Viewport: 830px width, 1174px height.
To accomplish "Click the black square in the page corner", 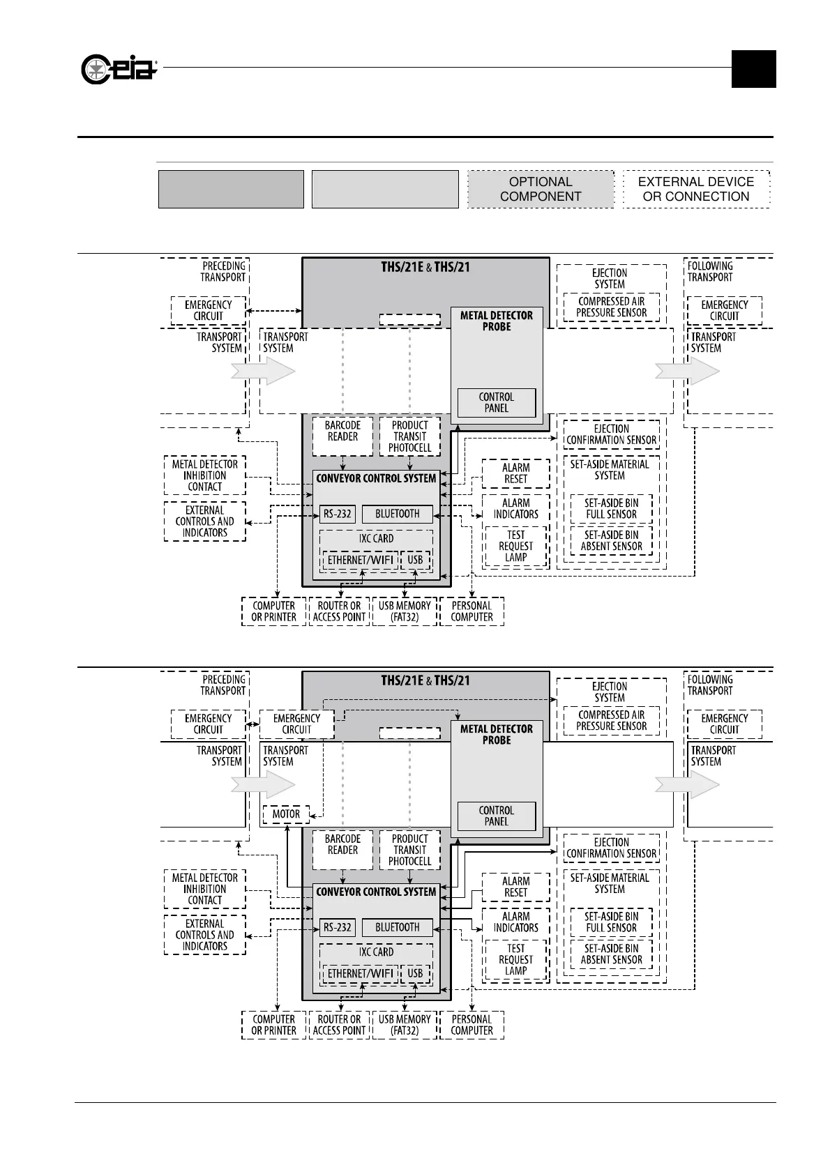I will (753, 69).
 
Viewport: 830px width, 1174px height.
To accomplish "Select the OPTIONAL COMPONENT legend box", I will (541, 189).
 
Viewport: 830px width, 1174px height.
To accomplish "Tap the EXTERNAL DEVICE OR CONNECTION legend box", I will (696, 189).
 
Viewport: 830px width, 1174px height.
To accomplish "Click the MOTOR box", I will (286, 814).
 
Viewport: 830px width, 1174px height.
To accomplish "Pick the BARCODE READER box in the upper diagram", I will (342, 436).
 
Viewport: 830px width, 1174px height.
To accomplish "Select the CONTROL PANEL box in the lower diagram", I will (497, 816).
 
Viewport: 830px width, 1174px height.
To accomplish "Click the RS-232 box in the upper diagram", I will (338, 514).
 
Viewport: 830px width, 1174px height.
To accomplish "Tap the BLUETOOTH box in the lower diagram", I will (398, 928).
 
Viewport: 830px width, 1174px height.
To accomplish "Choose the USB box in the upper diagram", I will (415, 560).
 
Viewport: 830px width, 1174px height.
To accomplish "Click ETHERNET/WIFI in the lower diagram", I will (361, 974).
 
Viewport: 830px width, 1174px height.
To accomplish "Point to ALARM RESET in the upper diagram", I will (516, 473).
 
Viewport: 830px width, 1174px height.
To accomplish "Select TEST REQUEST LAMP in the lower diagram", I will (516, 960).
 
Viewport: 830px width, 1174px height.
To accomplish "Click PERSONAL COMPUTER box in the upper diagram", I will (471, 611).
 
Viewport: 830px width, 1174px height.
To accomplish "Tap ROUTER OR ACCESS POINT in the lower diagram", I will (339, 1025).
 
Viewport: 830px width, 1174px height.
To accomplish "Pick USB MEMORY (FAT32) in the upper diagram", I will (405, 611).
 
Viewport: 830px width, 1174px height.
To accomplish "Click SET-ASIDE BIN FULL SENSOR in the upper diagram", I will (611, 509).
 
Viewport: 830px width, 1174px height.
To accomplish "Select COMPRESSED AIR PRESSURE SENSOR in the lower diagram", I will (611, 721).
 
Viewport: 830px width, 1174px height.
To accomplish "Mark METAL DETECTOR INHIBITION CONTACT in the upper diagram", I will (205, 475).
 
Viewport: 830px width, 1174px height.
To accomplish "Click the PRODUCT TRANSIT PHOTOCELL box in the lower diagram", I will (410, 850).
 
